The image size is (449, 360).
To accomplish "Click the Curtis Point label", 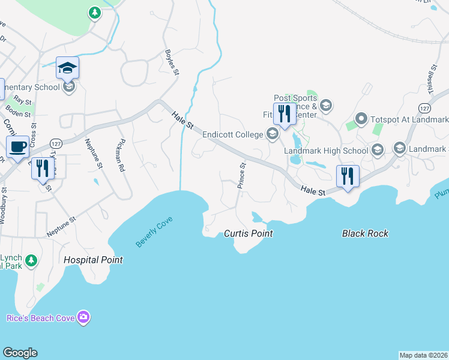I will click(x=249, y=233).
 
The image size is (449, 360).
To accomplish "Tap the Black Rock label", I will click(x=365, y=233).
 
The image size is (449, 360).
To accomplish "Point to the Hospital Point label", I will click(x=93, y=260).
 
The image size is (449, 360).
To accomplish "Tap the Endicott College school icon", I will click(x=273, y=134).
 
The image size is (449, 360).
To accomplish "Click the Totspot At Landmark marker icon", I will click(x=361, y=119).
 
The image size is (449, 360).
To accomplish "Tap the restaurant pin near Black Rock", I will click(x=347, y=176).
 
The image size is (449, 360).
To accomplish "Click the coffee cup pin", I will click(x=17, y=146).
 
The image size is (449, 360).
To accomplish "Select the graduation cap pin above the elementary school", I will click(x=68, y=68).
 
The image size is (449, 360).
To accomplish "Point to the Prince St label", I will click(x=242, y=176).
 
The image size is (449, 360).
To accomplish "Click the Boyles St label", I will click(x=172, y=62).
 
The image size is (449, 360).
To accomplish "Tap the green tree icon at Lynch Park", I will click(x=31, y=261).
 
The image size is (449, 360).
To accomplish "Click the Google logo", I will click(x=20, y=353).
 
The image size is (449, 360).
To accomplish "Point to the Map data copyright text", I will click(x=423, y=355).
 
